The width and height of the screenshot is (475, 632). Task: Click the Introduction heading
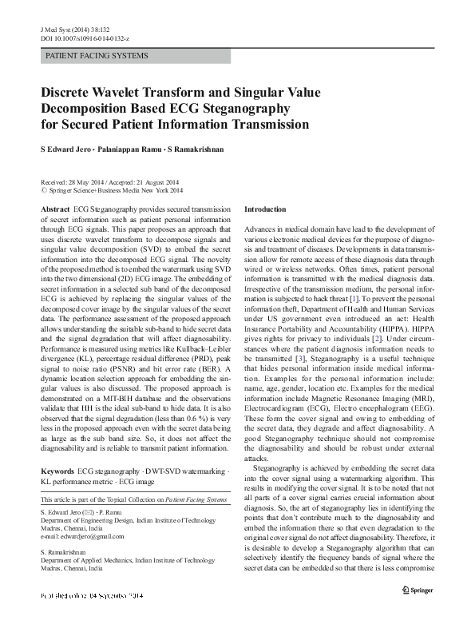[265, 209]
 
